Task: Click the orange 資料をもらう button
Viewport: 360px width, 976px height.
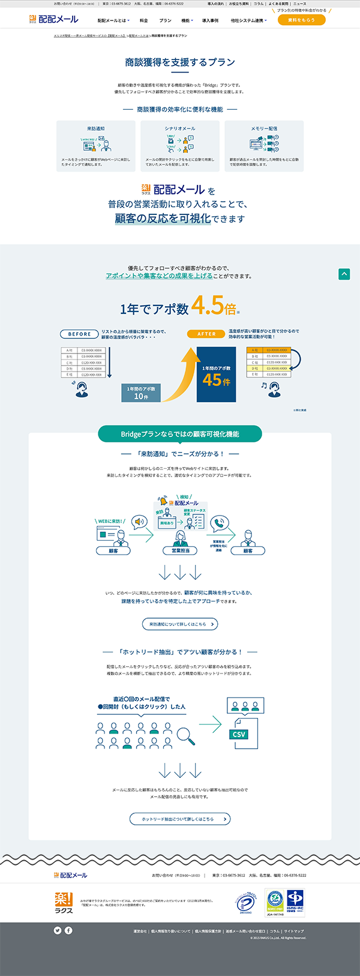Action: pyautogui.click(x=301, y=20)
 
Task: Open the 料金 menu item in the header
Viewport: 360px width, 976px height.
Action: pyautogui.click(x=143, y=20)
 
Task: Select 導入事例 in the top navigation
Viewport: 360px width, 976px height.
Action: pyautogui.click(x=210, y=20)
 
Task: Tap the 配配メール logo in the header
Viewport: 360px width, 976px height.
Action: pyautogui.click(x=54, y=20)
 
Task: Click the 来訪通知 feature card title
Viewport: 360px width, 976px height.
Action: pyautogui.click(x=96, y=128)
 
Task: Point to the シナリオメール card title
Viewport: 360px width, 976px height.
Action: pyautogui.click(x=180, y=128)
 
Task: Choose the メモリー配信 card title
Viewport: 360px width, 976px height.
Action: pyautogui.click(x=264, y=128)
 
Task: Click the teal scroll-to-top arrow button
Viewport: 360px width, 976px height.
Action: pyautogui.click(x=344, y=274)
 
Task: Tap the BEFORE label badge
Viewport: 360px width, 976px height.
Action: pyautogui.click(x=79, y=334)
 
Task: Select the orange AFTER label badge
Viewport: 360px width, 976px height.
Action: pyautogui.click(x=206, y=334)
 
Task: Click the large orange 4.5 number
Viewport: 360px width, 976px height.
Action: pyautogui.click(x=208, y=306)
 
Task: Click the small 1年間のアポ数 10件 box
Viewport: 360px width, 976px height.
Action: pyautogui.click(x=141, y=393)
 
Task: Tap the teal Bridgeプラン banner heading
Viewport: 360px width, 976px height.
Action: pyautogui.click(x=180, y=434)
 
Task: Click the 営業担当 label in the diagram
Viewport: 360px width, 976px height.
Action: pyautogui.click(x=181, y=550)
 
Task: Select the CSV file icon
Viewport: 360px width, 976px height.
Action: pyautogui.click(x=239, y=734)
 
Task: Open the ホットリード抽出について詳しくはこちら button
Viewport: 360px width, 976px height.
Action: pyautogui.click(x=180, y=819)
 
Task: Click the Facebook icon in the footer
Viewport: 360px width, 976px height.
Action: pyautogui.click(x=68, y=930)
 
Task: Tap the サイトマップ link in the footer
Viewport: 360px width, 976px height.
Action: pyautogui.click(x=294, y=931)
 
